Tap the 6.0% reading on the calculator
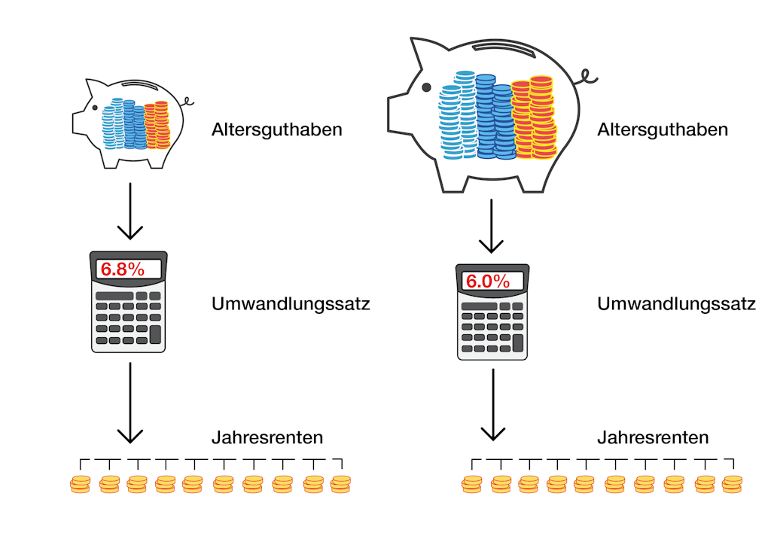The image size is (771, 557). click(x=488, y=282)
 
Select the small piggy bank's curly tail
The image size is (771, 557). click(x=187, y=100)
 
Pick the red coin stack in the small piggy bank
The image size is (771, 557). click(x=157, y=124)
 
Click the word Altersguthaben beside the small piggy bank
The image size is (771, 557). click(x=277, y=129)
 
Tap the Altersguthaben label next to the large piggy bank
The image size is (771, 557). click(x=663, y=129)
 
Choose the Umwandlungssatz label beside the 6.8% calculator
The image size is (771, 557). click(x=291, y=305)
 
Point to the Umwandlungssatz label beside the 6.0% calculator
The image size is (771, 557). click(x=676, y=305)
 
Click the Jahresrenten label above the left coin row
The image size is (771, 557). click(x=267, y=437)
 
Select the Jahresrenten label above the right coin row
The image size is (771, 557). click(x=653, y=437)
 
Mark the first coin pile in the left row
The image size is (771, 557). click(x=80, y=484)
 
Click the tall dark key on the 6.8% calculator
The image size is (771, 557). click(x=155, y=333)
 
